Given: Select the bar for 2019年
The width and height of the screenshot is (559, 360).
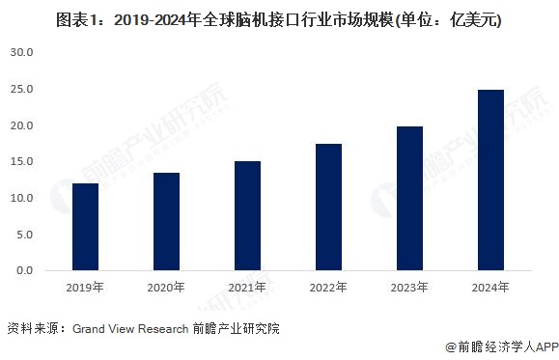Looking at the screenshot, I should point(86,227).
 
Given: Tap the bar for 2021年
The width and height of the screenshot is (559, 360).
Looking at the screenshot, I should point(248,216).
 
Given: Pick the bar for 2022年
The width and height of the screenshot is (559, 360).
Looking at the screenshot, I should point(329,208).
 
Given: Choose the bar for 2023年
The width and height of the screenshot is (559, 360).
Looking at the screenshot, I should point(409,199).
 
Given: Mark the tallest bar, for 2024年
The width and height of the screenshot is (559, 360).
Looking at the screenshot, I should point(490,180).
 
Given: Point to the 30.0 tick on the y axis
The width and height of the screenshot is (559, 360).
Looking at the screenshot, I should point(22,52).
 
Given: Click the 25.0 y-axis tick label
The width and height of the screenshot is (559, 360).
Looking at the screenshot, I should point(22,89).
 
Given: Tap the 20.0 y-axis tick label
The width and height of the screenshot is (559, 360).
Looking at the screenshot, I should point(22,125).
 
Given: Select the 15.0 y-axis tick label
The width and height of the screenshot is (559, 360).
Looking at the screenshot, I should point(22,161).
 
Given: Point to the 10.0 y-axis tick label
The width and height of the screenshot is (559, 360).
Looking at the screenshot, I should point(22,198).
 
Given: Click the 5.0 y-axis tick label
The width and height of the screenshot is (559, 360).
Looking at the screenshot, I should point(25,235).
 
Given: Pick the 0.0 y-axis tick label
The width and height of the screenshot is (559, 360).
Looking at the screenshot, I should point(25,270).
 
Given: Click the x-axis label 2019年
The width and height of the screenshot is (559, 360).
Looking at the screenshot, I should point(86,287).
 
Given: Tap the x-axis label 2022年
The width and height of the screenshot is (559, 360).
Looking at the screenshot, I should point(329,287).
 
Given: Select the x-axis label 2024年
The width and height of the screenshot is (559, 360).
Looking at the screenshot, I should point(490,287).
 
